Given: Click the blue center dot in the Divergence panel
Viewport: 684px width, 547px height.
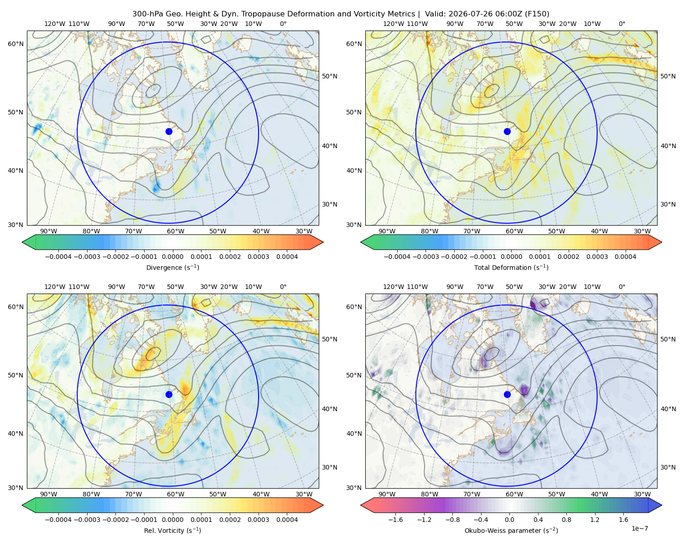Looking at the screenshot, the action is click(x=169, y=131).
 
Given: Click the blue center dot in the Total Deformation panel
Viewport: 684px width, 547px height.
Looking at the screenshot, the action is click(x=507, y=131).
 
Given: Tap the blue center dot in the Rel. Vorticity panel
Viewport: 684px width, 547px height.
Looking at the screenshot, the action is click(x=169, y=394).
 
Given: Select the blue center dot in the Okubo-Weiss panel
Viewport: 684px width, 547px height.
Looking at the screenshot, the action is click(x=507, y=394).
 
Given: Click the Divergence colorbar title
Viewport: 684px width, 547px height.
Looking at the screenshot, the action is click(x=172, y=267).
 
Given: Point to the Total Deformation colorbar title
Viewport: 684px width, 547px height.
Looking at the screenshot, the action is click(x=511, y=267).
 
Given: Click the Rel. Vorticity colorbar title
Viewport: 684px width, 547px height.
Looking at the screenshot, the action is click(x=172, y=531).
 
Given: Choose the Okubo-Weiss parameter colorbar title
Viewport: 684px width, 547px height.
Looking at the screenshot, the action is click(x=511, y=531).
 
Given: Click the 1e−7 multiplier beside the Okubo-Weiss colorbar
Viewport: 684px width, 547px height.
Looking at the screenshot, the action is click(x=639, y=528).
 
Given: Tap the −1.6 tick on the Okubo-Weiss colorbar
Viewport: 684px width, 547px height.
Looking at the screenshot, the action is click(x=395, y=520).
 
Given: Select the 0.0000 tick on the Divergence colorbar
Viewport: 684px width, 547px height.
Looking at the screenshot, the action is click(x=172, y=257).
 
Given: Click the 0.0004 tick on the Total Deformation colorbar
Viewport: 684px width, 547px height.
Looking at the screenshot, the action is click(x=625, y=257).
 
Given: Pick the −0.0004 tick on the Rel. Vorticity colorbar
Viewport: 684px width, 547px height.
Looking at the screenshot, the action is click(x=58, y=520).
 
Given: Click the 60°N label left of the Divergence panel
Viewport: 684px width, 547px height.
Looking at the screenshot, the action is click(x=16, y=44).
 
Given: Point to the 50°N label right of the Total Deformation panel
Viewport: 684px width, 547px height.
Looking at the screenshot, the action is click(x=668, y=76).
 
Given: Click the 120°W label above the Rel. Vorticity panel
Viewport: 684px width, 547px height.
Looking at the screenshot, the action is click(x=55, y=287).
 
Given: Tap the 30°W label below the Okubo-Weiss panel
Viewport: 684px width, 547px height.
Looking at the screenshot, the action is click(x=642, y=494).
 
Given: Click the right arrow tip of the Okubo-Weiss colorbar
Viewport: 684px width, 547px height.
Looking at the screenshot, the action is click(x=662, y=505).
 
